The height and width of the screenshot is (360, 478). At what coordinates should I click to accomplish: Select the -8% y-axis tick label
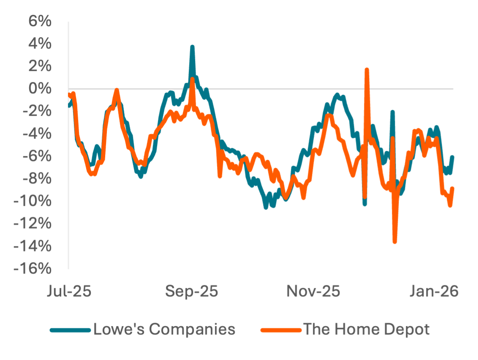[35, 179]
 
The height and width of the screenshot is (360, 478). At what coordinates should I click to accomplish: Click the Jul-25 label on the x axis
[69, 292]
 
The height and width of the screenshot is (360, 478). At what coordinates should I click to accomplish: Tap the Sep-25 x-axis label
[192, 292]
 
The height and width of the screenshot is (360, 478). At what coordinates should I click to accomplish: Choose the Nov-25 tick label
[313, 292]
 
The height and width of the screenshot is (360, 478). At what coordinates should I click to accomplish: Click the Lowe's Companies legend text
[164, 329]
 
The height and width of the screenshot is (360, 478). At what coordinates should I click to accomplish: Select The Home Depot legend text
[367, 329]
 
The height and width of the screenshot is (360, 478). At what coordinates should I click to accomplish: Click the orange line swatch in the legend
[281, 330]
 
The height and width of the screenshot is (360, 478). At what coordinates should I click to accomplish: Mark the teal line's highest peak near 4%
[192, 47]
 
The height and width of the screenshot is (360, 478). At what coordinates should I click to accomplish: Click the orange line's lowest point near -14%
[395, 242]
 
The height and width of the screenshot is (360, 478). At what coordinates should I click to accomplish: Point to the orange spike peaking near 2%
[367, 70]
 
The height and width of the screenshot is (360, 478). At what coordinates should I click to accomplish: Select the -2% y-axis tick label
[35, 111]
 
